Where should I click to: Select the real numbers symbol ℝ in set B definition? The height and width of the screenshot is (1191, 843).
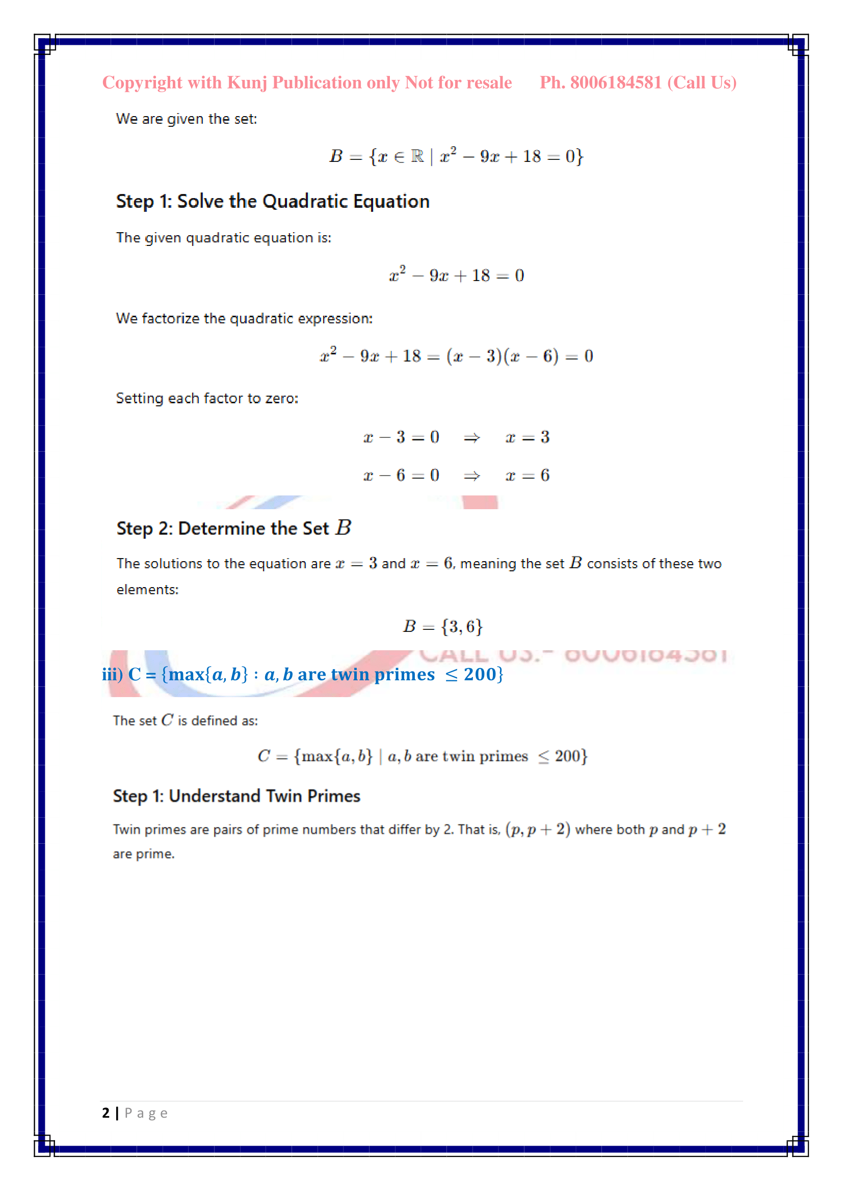coord(417,156)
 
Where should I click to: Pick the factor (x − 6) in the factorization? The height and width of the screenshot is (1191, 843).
coord(531,356)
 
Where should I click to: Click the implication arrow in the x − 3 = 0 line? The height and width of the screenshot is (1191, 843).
coord(471,438)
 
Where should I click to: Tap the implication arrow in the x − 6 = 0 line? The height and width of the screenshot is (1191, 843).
coord(471,476)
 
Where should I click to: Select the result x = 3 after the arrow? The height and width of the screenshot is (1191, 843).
coord(528,437)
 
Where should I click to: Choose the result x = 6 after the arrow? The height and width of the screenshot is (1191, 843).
coord(528,476)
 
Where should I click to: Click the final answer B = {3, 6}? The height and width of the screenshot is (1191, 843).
coord(443,627)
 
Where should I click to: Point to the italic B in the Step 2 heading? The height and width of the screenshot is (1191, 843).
coord(343,528)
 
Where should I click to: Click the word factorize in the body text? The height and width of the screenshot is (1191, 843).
coord(171,318)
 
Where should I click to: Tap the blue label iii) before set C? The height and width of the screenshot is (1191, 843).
coord(112,674)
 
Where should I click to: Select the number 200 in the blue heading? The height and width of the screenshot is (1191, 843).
coord(480,674)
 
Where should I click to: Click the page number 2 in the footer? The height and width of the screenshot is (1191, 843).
coord(106,1113)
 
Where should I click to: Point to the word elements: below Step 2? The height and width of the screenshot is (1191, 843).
coord(147,590)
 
